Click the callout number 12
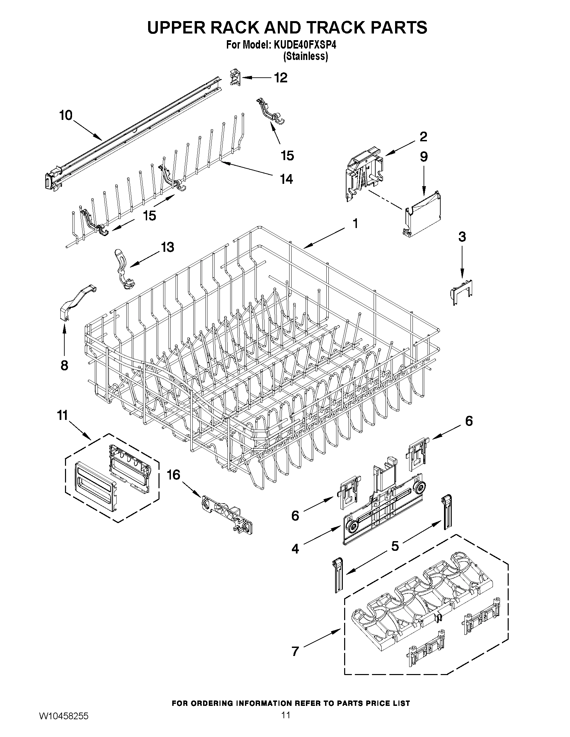pos(280,78)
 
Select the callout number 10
pos(66,116)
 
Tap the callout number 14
pos(287,179)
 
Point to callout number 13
pos(167,247)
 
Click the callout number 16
pos(174,475)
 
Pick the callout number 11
pos(63,416)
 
